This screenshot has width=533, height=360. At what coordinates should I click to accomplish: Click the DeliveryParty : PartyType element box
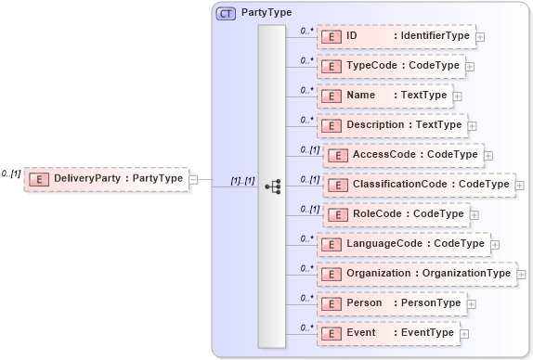tap(106, 178)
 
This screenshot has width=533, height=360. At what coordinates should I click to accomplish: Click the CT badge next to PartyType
tap(226, 13)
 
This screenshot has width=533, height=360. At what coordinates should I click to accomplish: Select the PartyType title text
tap(266, 13)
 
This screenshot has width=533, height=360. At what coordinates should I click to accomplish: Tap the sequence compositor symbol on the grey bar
tap(272, 186)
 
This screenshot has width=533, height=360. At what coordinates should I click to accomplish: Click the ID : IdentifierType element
tap(396, 37)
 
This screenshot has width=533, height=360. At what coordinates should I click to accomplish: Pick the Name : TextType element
tap(384, 96)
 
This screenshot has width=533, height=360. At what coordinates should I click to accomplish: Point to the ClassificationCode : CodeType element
tap(419, 185)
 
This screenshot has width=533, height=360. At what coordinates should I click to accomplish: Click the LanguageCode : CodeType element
tap(403, 244)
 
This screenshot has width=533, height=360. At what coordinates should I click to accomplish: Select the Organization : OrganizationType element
tap(416, 274)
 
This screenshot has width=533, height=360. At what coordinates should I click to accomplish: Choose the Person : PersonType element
tap(391, 303)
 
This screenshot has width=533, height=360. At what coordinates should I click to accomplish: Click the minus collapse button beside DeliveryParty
tap(193, 178)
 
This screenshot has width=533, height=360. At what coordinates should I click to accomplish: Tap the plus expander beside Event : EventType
tap(464, 334)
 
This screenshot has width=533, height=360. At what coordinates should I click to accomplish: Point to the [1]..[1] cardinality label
tap(242, 180)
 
